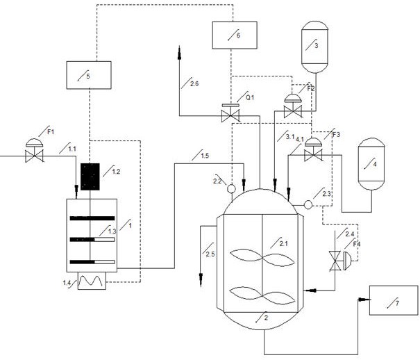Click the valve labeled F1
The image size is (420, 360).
[x=34, y=150]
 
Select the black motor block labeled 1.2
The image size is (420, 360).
[x=90, y=177]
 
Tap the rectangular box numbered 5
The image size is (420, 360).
[x=89, y=75]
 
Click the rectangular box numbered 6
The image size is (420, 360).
[x=235, y=35]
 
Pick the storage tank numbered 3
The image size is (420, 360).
[x=314, y=47]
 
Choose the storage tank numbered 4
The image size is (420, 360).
[x=371, y=164]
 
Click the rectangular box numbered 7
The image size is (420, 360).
[x=394, y=300]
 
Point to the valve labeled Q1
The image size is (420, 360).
[x=230, y=113]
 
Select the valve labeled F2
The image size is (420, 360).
[x=293, y=106]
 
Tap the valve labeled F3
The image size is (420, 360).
[x=313, y=149]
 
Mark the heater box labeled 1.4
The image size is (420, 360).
[x=92, y=281]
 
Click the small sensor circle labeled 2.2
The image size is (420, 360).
[x=231, y=189]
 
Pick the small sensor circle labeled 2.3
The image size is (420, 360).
[x=308, y=205]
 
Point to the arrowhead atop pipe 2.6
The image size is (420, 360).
[x=180, y=53]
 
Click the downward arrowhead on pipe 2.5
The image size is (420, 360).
[x=201, y=280]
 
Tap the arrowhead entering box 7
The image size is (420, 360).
[x=364, y=299]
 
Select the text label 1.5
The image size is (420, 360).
[x=205, y=156]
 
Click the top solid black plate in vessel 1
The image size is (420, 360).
[x=92, y=218]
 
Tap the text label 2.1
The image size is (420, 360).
[x=283, y=244]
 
